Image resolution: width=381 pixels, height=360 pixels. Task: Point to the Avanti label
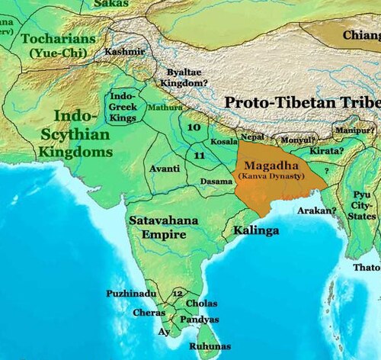[x=165, y=168]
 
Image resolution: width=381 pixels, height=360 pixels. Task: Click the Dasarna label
[x=215, y=182]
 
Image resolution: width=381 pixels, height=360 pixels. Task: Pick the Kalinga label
[x=258, y=229]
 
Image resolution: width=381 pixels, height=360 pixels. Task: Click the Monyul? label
[x=298, y=140]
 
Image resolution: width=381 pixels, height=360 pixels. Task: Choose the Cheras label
[x=149, y=313]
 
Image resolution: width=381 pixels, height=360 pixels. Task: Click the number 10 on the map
[x=194, y=129]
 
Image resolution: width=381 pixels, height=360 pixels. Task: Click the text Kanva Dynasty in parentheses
[x=269, y=176]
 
